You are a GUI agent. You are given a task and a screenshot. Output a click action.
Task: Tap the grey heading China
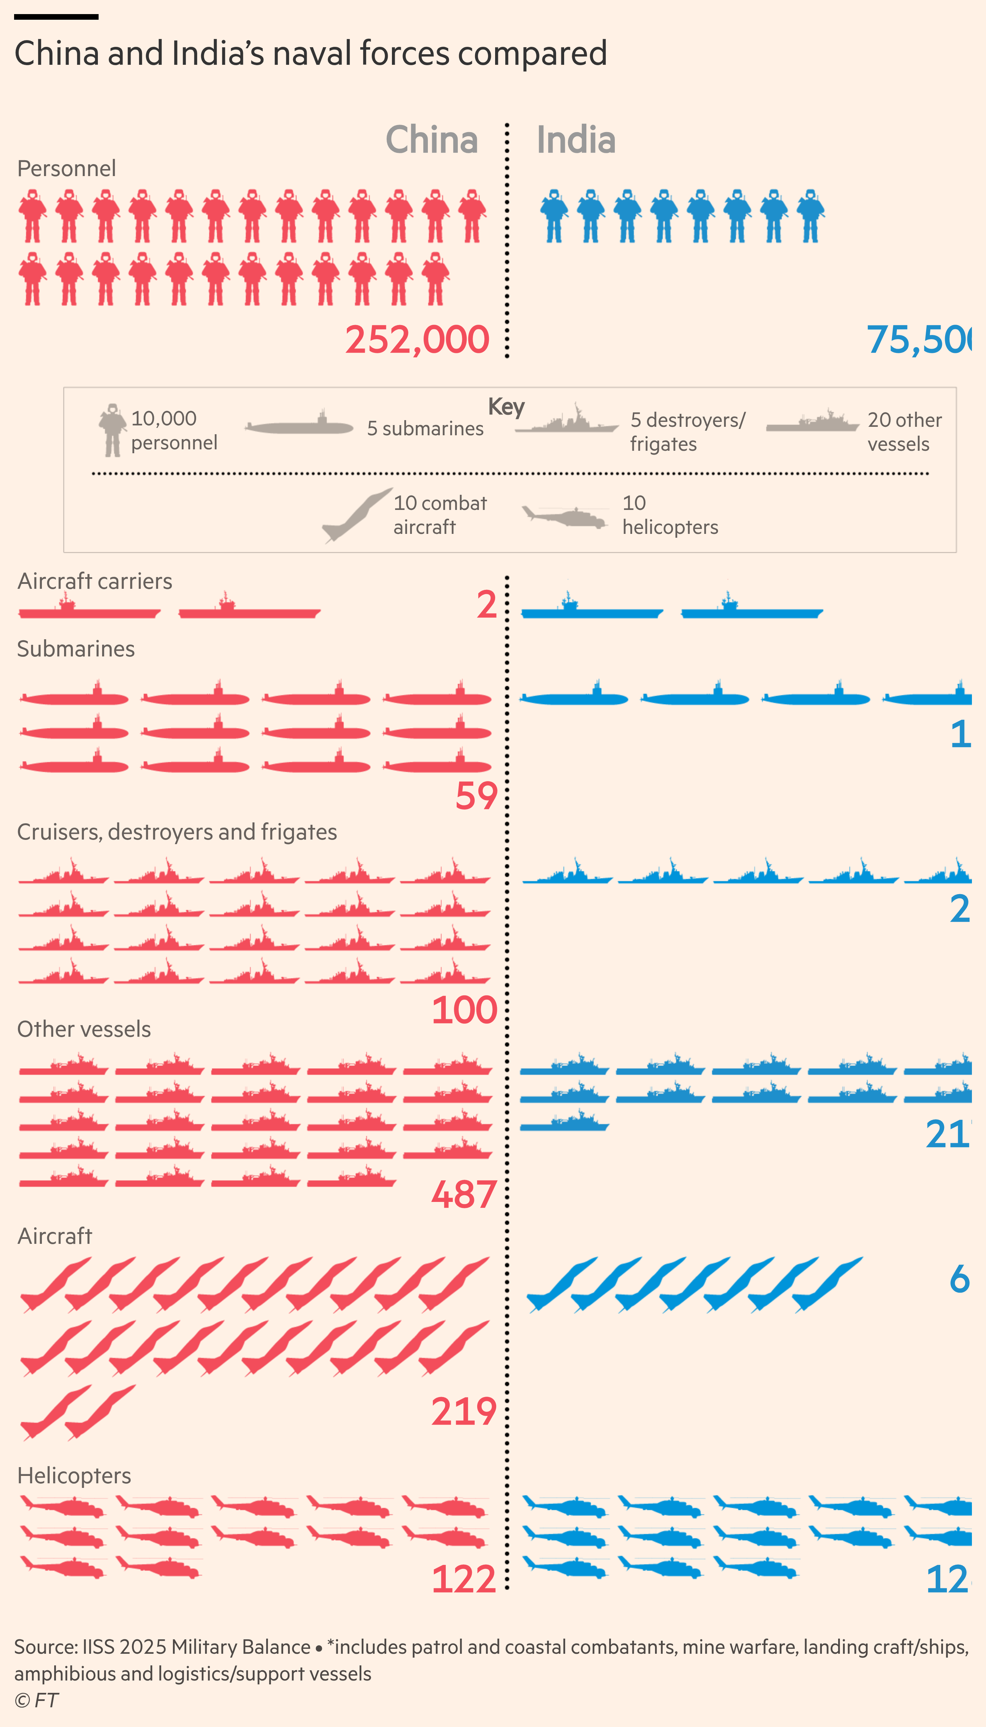431,140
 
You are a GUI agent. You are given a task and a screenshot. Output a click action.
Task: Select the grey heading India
576,140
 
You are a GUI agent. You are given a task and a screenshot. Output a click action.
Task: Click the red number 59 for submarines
476,796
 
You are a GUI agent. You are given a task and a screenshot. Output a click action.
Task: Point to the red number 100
464,1010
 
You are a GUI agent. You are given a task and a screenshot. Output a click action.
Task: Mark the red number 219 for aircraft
464,1412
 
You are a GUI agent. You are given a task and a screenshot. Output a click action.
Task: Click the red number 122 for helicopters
464,1579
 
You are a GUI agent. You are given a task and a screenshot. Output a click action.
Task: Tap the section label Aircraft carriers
95,581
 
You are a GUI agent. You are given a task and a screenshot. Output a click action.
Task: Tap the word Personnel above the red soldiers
66,168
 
